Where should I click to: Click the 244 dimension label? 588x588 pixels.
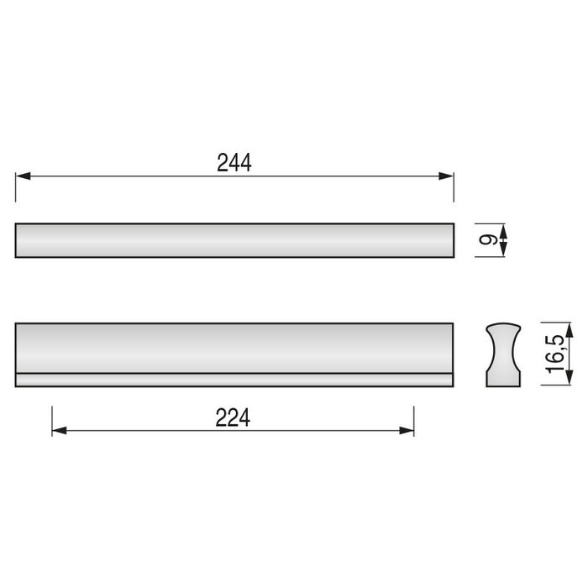(x=234, y=164)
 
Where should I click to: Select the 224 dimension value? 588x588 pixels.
(x=234, y=417)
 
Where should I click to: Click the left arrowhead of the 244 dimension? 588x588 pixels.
(x=23, y=176)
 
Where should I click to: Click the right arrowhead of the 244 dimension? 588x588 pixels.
(x=447, y=176)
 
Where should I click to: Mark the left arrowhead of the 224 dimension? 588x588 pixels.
(x=59, y=430)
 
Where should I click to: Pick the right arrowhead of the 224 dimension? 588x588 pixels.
(x=407, y=430)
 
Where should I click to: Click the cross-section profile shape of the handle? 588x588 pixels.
(x=504, y=354)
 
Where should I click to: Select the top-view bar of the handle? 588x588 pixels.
(x=234, y=240)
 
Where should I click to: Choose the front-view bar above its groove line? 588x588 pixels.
(x=234, y=348)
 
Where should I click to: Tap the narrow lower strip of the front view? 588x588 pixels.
(x=234, y=380)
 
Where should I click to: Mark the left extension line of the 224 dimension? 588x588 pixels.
(x=52, y=420)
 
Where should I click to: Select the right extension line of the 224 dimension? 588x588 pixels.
(x=414, y=420)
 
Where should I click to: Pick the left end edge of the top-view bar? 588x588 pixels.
(x=16, y=240)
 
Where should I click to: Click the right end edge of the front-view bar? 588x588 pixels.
(x=454, y=354)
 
